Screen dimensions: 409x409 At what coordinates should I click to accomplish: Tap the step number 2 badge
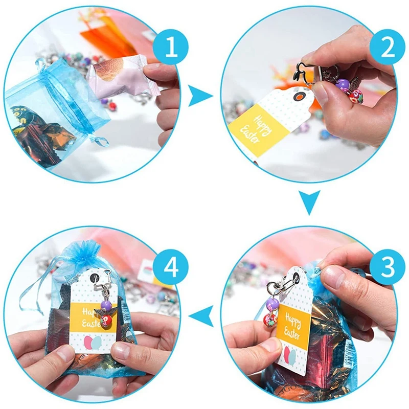click(x=388, y=47)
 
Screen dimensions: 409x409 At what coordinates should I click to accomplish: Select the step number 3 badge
click(x=388, y=266)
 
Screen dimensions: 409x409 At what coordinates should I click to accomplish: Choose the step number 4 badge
click(x=171, y=266)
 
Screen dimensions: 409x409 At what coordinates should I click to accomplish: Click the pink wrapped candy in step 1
click(x=123, y=78)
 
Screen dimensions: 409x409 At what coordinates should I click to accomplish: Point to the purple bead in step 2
click(x=342, y=84)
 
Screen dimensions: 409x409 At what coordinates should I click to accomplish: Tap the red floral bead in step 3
click(x=270, y=320)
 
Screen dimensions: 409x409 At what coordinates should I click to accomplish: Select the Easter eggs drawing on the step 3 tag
click(x=289, y=356)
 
